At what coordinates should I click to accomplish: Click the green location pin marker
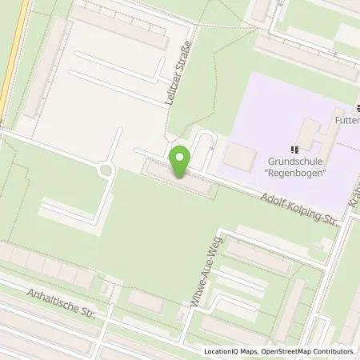pyautogui.click(x=180, y=162)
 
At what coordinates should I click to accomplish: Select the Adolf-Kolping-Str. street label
pyautogui.click(x=295, y=203)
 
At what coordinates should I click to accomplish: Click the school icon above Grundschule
pyautogui.click(x=295, y=149)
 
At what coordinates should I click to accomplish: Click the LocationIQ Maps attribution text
pyautogui.click(x=236, y=350)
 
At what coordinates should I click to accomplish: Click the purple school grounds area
pyautogui.click(x=264, y=104)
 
